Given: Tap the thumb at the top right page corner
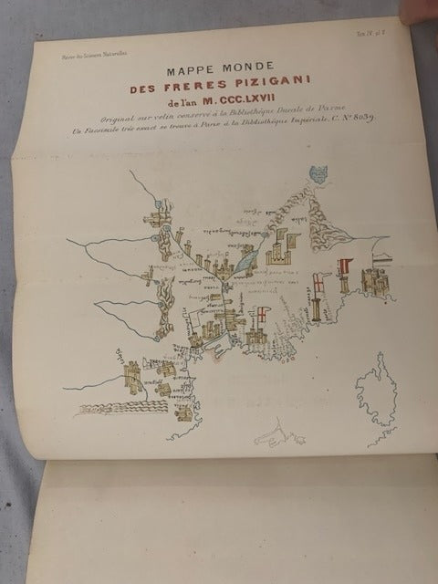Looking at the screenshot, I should coord(424,14).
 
